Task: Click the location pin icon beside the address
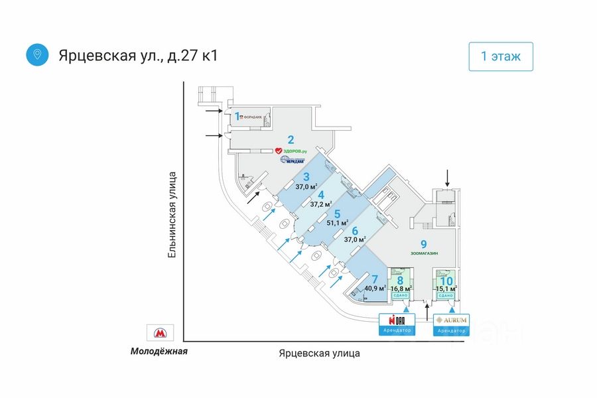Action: click(37, 54)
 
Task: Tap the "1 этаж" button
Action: click(501, 56)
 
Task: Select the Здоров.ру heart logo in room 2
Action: click(279, 151)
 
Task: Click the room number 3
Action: click(306, 177)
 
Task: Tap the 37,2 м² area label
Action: click(322, 204)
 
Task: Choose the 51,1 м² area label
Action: click(338, 223)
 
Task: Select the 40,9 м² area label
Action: click(375, 289)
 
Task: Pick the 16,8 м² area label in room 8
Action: click(400, 289)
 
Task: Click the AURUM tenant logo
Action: click(452, 320)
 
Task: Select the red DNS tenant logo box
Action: click(397, 319)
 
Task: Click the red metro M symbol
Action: click(159, 334)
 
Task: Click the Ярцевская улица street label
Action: click(320, 353)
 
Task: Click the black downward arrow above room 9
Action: click(448, 177)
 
